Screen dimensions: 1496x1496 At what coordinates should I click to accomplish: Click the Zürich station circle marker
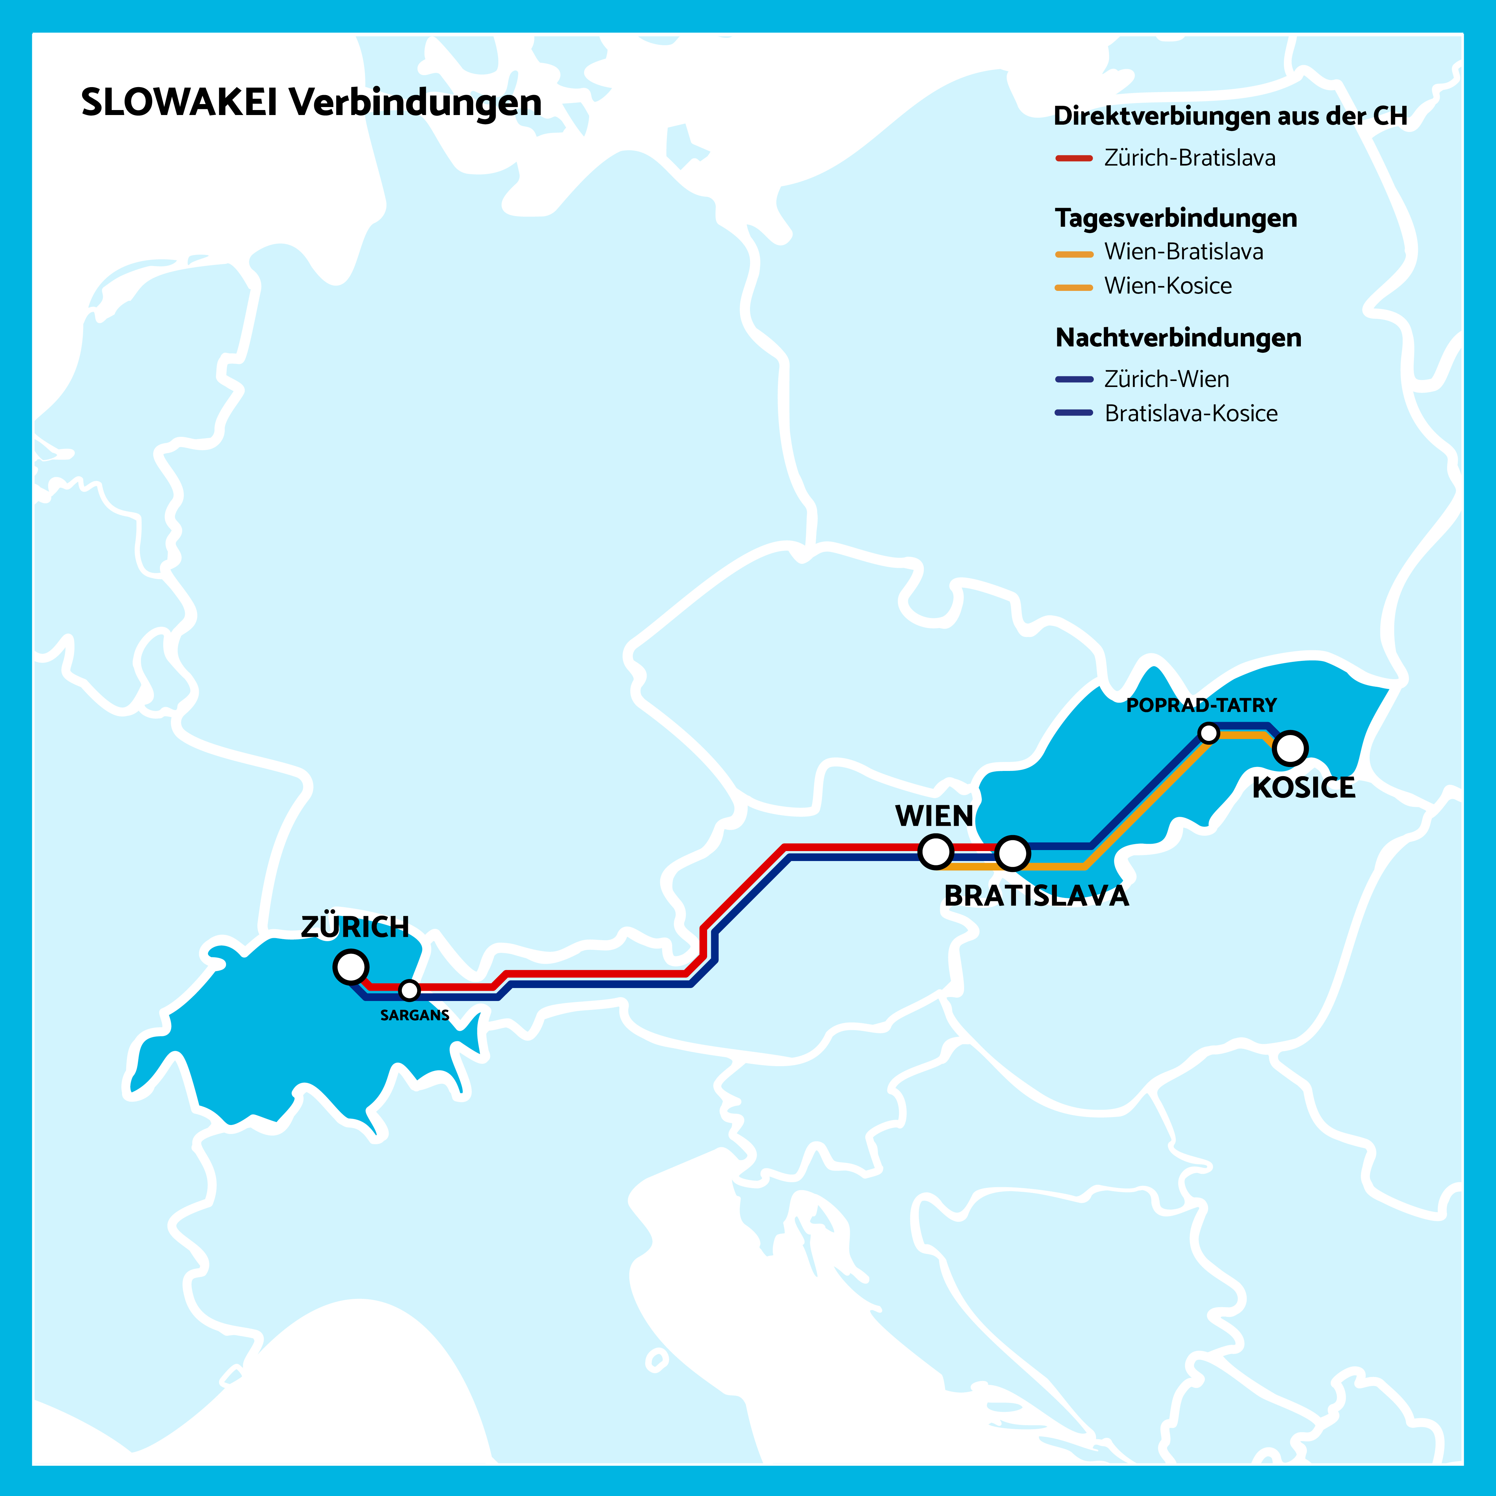(x=351, y=967)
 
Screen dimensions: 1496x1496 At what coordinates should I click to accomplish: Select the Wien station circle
(x=935, y=852)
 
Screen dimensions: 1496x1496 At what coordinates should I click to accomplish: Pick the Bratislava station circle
(x=1012, y=853)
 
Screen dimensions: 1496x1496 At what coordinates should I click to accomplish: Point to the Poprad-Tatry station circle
(x=1208, y=732)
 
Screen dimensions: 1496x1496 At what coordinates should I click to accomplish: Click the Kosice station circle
(x=1290, y=748)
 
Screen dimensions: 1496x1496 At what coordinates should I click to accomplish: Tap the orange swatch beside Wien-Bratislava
(x=1074, y=254)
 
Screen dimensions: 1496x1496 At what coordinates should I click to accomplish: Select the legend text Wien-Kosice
(x=1168, y=286)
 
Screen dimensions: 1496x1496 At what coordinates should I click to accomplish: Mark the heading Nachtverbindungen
(x=1178, y=338)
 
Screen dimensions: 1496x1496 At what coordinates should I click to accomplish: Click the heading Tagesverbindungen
(x=1176, y=218)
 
